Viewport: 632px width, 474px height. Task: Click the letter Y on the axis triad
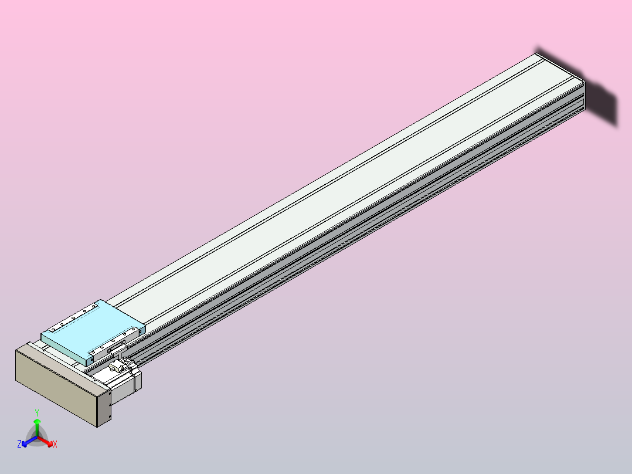(37, 412)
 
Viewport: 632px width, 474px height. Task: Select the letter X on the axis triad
(55, 445)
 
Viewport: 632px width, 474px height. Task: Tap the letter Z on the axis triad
(19, 445)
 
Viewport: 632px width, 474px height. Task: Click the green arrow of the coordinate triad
(37, 425)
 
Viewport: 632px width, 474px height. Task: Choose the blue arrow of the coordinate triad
(27, 442)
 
